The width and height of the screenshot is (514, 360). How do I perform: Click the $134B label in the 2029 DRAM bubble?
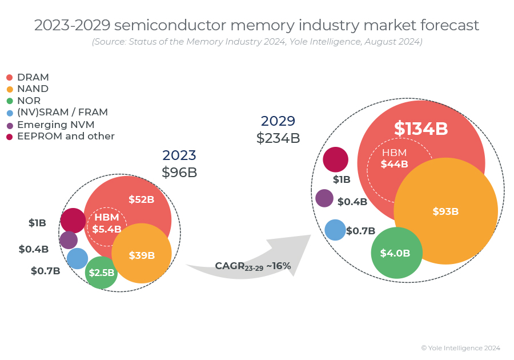(421, 129)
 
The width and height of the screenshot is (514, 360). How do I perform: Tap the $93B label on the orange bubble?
(445, 211)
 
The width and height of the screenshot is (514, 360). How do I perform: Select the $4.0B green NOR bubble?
(396, 253)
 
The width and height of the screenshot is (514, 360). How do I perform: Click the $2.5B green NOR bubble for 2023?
(101, 273)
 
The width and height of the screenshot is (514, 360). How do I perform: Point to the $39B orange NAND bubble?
(142, 255)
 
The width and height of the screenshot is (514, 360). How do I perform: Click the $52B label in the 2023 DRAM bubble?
(141, 199)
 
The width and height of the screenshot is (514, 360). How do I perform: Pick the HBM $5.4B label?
(107, 223)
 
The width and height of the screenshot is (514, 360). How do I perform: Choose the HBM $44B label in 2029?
(395, 158)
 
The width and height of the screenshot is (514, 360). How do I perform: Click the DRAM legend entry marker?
(9, 77)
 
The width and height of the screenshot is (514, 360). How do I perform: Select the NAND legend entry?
(33, 89)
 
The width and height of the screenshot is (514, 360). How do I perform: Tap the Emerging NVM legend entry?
(55, 125)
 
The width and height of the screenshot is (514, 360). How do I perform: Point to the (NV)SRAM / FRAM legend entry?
(62, 113)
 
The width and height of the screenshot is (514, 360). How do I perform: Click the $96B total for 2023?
(179, 172)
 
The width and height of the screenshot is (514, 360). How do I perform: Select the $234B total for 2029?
(278, 138)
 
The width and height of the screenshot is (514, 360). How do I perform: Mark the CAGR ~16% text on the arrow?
(253, 266)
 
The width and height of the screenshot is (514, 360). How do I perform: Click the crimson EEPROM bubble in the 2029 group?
(336, 159)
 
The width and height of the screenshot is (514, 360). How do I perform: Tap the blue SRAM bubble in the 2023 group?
(77, 258)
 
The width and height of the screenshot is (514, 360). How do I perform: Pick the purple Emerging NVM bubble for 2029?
(324, 198)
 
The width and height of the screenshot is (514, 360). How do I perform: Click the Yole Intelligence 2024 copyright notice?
(460, 347)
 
